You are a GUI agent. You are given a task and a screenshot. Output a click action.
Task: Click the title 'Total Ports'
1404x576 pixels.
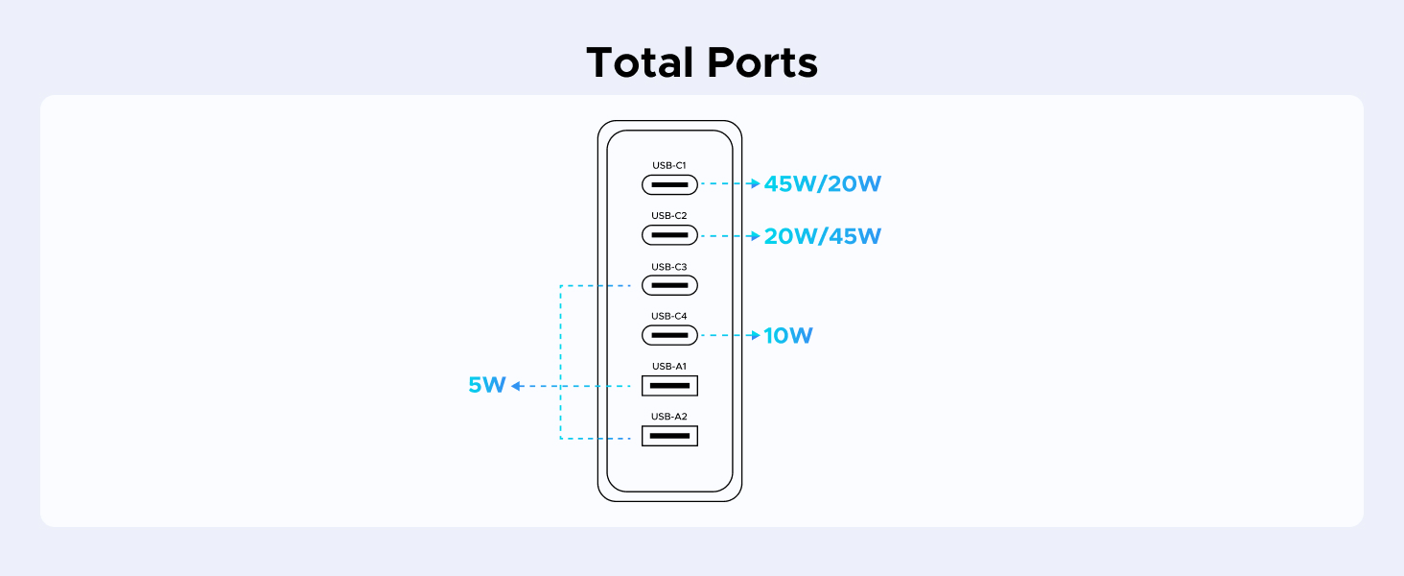[701, 63]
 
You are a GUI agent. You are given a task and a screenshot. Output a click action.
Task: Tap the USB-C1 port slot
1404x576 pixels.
[669, 184]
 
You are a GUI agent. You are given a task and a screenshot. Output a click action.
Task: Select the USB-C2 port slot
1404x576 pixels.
[669, 235]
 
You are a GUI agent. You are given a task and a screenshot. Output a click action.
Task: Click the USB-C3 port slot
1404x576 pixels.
[669, 285]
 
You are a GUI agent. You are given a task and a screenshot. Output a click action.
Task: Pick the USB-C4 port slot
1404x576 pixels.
[669, 335]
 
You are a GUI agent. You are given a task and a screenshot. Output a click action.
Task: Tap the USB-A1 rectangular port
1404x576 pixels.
[669, 386]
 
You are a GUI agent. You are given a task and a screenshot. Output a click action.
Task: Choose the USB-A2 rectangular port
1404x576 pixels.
[669, 436]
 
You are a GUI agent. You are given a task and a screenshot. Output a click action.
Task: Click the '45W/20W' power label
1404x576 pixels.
[822, 184]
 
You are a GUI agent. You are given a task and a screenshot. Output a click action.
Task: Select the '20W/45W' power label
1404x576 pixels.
[822, 236]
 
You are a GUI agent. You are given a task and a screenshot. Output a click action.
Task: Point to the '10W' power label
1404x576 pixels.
[788, 336]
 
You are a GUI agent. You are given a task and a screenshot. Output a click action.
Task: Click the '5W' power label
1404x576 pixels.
[486, 386]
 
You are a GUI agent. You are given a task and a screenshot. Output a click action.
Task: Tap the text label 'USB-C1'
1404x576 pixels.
[669, 165]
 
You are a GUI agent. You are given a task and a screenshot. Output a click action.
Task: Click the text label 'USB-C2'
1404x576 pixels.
[669, 216]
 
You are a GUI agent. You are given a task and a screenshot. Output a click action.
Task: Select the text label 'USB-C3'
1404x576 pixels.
[669, 267]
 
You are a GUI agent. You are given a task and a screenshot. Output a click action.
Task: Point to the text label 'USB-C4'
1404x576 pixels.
[669, 316]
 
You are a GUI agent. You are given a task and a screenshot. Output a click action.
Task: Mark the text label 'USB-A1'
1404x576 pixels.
[669, 366]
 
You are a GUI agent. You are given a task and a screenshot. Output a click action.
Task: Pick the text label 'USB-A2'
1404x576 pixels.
[669, 417]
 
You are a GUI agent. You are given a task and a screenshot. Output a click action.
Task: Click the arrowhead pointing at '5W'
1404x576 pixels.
[516, 386]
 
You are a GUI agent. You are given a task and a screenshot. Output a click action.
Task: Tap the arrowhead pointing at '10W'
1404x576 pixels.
[755, 336]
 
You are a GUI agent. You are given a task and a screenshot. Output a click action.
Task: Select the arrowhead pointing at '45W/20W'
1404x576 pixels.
[755, 183]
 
